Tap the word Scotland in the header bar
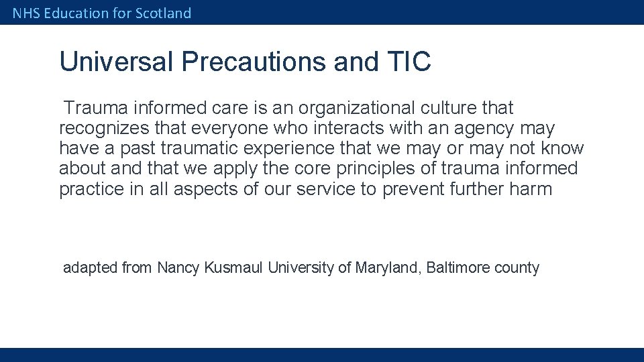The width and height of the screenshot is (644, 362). [163, 13]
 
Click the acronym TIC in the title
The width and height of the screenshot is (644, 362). [409, 62]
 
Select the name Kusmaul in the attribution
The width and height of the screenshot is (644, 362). [234, 268]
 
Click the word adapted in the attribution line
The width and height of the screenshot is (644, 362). [90, 268]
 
